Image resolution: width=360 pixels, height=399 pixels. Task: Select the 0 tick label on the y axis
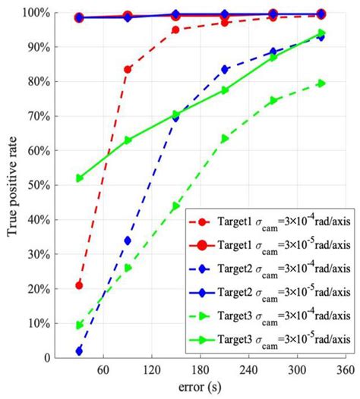click(x=47, y=357)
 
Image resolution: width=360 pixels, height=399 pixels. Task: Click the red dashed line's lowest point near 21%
click(x=79, y=285)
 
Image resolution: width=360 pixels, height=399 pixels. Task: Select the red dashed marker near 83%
click(x=128, y=70)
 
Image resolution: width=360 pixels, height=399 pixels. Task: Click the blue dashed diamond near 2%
click(x=79, y=350)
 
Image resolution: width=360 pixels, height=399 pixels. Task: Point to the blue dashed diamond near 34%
click(x=128, y=240)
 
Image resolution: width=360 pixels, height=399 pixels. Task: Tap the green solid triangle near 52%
click(x=79, y=178)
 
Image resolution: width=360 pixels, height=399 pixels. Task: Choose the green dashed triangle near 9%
click(x=79, y=325)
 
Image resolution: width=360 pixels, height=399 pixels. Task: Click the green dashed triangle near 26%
click(x=128, y=268)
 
